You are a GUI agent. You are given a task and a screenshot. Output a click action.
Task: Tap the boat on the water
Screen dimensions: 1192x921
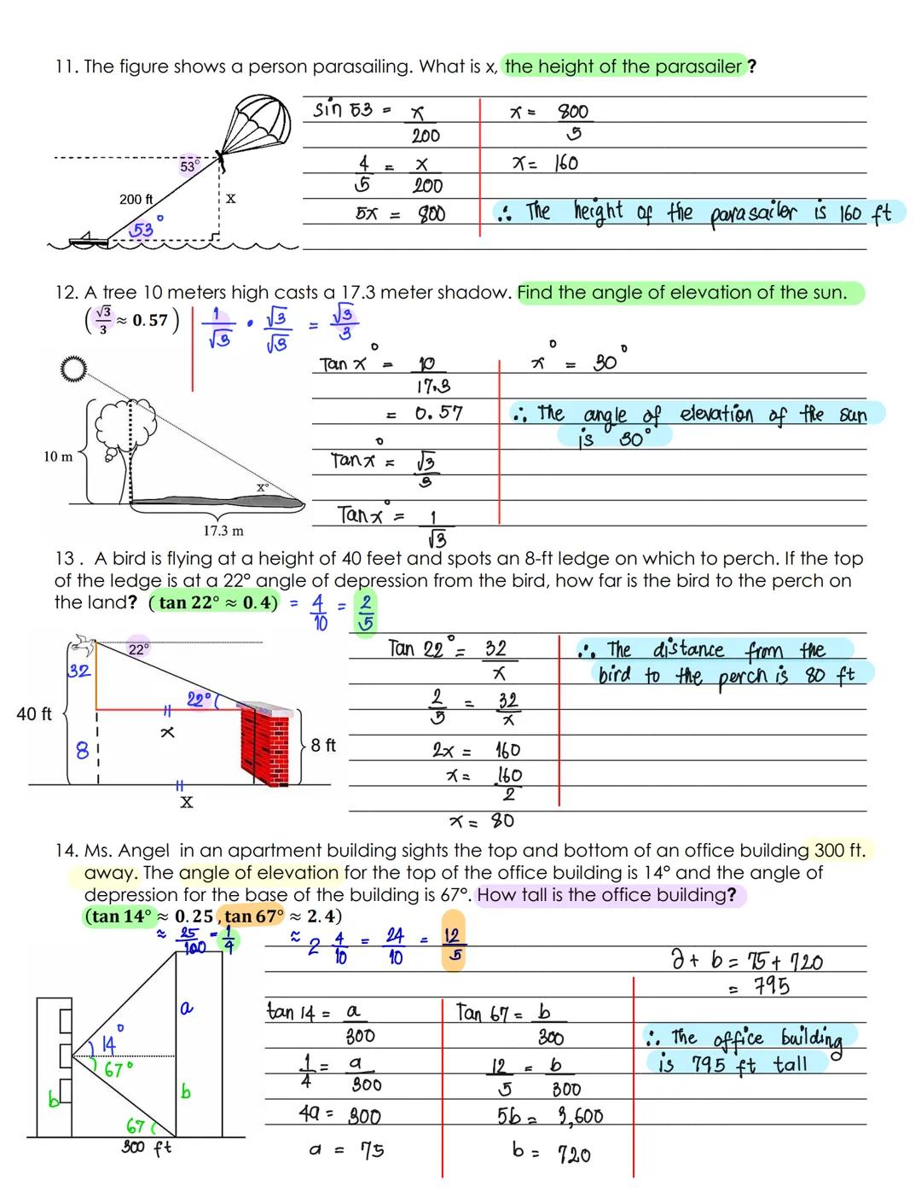(90, 241)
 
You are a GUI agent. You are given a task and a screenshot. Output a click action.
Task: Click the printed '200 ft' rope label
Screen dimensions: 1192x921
(136, 199)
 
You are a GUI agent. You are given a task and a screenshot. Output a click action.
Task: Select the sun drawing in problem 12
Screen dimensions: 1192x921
(75, 369)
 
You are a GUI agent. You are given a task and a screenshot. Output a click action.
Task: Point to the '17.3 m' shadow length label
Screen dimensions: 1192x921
(223, 531)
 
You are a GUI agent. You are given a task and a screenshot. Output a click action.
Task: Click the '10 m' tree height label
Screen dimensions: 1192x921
(58, 456)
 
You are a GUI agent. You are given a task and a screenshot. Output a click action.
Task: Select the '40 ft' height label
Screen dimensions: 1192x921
(34, 713)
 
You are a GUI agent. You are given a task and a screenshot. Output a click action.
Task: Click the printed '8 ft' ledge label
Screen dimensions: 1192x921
(323, 745)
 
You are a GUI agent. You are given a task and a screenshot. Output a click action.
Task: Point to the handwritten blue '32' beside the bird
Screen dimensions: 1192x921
(78, 671)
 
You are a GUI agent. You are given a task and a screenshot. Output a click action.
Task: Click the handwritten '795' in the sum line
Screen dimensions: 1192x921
(771, 987)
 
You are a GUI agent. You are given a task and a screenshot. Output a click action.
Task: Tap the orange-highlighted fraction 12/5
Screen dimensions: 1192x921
(453, 945)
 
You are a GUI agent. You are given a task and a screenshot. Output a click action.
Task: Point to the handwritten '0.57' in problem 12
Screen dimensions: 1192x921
(438, 414)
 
